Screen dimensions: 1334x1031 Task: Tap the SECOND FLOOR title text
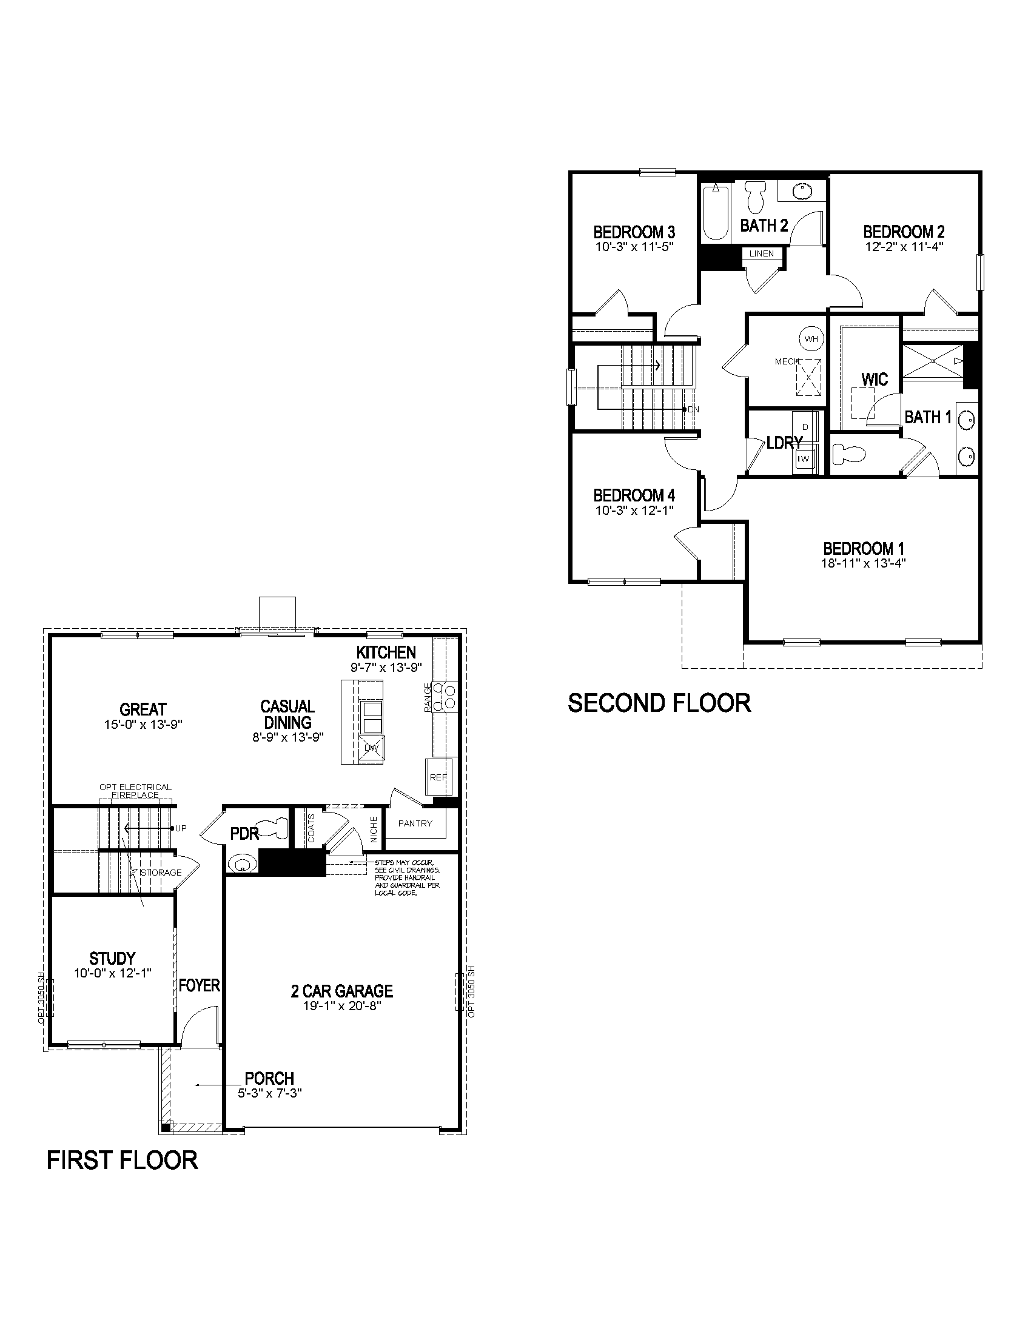pyautogui.click(x=659, y=703)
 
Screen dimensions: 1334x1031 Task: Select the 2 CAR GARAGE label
pyautogui.click(x=342, y=991)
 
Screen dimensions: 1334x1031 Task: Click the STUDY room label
pyautogui.click(x=112, y=958)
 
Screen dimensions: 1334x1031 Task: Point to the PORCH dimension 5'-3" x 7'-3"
pyautogui.click(x=270, y=1093)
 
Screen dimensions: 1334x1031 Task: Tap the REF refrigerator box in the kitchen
pyautogui.click(x=437, y=777)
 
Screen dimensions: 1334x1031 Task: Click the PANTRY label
pyautogui.click(x=415, y=823)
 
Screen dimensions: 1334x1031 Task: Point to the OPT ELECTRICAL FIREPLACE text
pyautogui.click(x=136, y=791)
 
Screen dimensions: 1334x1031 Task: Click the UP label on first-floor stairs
pyautogui.click(x=181, y=828)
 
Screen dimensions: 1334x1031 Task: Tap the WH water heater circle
pyautogui.click(x=811, y=338)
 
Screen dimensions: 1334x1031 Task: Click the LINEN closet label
pyautogui.click(x=761, y=253)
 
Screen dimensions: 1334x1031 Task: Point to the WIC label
pyautogui.click(x=874, y=379)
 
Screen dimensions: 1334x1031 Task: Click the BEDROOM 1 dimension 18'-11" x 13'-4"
pyautogui.click(x=863, y=563)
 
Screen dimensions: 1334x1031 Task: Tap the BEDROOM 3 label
pyautogui.click(x=634, y=232)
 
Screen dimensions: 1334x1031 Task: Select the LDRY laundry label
pyautogui.click(x=784, y=443)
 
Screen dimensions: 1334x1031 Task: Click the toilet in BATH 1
pyautogui.click(x=850, y=454)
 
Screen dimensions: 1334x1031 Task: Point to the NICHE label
pyautogui.click(x=374, y=830)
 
